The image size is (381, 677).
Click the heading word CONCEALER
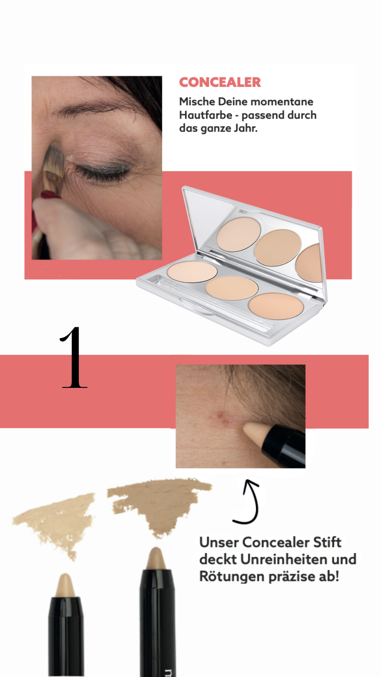click(x=220, y=82)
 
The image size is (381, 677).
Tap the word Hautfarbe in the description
click(x=206, y=115)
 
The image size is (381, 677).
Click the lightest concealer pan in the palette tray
click(x=192, y=272)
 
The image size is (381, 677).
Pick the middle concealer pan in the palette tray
click(x=232, y=288)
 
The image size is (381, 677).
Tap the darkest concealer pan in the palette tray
click(x=276, y=306)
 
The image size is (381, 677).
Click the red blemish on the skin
click(x=222, y=417)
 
